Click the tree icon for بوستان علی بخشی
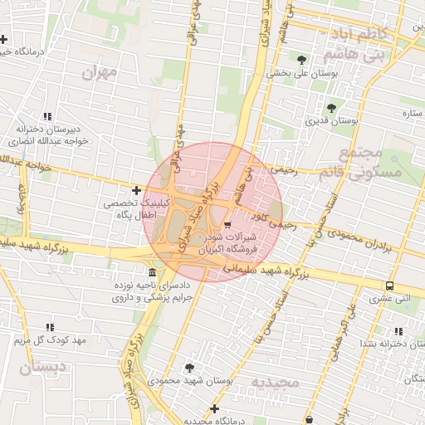[x=300, y=60]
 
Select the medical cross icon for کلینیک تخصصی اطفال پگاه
[x=137, y=191]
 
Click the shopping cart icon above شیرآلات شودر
[x=228, y=224]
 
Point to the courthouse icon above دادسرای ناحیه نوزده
[x=151, y=274]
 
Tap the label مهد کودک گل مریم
[x=50, y=341]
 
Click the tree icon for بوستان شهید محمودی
[x=190, y=367]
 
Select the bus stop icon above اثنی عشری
[x=389, y=284]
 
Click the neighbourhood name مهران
[x=100, y=73]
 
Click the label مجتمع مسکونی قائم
[x=370, y=163]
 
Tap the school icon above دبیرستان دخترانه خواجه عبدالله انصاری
[x=48, y=116]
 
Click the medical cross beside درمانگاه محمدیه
[x=214, y=408]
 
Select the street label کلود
[x=263, y=215]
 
